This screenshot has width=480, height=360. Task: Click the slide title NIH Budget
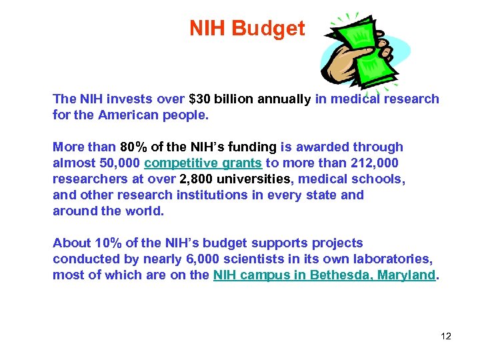(x=247, y=29)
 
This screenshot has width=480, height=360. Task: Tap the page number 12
(x=446, y=336)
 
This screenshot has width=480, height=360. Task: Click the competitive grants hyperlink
(x=203, y=163)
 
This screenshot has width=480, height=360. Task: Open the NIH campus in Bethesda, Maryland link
(x=323, y=275)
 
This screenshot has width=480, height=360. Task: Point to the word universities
(x=257, y=179)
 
